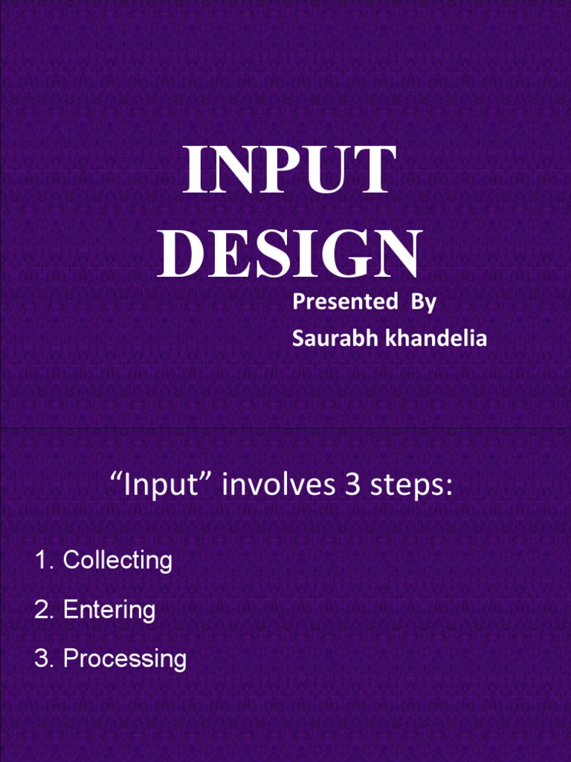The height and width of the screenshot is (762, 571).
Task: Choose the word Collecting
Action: (117, 560)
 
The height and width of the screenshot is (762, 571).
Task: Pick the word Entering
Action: (109, 610)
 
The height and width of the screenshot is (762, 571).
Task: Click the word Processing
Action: (124, 659)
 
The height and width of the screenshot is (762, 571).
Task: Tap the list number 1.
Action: (43, 560)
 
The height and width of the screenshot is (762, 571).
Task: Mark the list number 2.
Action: (43, 610)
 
